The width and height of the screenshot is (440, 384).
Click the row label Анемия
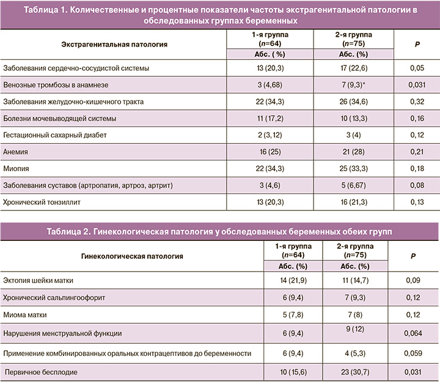click(x=16, y=150)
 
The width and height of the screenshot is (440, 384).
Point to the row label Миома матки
click(x=26, y=314)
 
